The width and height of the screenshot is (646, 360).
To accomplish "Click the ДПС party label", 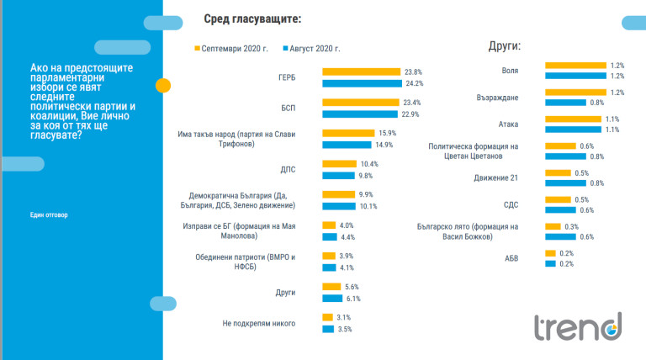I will pos(288,169).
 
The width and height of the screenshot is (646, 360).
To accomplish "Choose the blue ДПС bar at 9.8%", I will pos(339,175).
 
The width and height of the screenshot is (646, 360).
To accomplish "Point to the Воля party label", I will pos(510,71).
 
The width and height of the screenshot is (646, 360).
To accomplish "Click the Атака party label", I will pos(507,124).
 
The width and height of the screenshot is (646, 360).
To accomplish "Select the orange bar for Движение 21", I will pos(553,172).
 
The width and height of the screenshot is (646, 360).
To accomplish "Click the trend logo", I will pos(580,326).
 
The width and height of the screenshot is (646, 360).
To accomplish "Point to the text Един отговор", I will pos(48,214).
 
